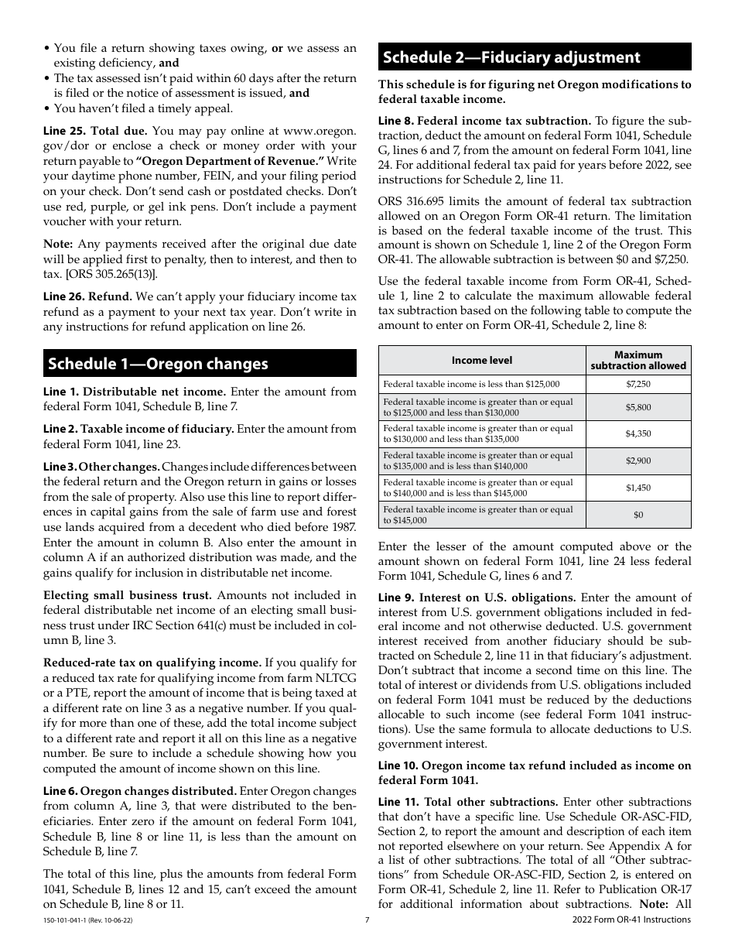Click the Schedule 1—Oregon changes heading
(158, 364)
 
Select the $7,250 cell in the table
(638, 384)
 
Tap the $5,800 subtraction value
(638, 407)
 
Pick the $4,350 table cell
(638, 434)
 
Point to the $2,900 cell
(638, 461)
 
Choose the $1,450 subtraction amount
(638, 488)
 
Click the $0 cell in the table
(638, 515)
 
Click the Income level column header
(481, 360)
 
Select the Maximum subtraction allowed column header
(638, 360)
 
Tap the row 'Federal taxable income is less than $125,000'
(471, 384)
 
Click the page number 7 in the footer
(367, 919)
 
